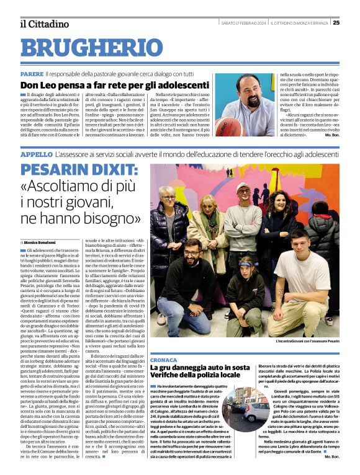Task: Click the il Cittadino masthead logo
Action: coord(43,24)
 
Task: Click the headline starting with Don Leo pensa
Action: coord(115,85)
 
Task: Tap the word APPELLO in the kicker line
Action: coord(36,153)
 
